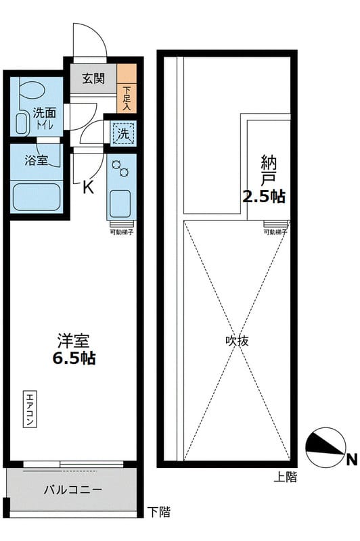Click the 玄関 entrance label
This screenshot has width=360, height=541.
93,78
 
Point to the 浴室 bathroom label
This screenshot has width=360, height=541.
35,162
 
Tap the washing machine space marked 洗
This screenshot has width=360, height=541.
123,134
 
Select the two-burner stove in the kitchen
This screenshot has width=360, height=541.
120,167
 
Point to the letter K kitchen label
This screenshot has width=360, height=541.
88,188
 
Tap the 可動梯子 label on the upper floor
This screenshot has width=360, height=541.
275,232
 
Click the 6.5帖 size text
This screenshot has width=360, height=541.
74,358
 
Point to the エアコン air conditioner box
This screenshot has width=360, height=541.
30,408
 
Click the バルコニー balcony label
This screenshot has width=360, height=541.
72,489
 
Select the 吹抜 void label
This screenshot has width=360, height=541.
237,342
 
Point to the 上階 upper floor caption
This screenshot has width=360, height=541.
286,477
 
